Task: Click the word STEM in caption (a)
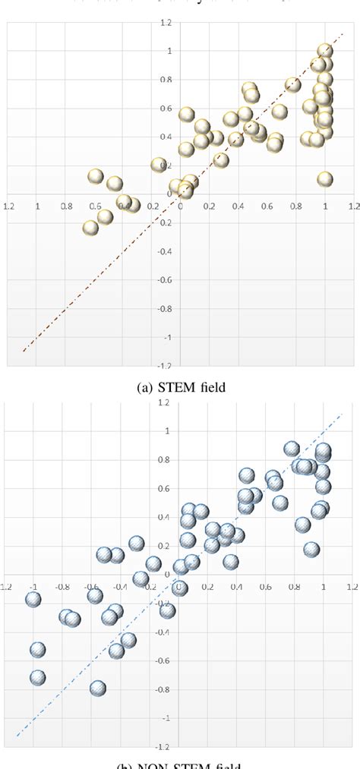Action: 175,387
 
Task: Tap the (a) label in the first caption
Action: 145,387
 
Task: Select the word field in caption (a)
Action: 211,387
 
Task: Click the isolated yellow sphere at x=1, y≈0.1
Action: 325,179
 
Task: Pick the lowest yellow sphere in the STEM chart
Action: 91,227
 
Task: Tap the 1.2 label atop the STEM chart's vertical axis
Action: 185,24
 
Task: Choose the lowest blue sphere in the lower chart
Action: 97,688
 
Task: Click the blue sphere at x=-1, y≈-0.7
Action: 37,677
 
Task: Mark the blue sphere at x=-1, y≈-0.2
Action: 33,599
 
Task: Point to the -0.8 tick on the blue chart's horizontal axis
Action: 62,586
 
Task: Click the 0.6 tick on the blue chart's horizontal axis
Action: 265,586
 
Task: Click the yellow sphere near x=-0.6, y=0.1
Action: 95,176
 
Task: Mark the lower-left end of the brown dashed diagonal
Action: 24,351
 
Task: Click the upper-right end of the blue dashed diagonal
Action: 343,414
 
